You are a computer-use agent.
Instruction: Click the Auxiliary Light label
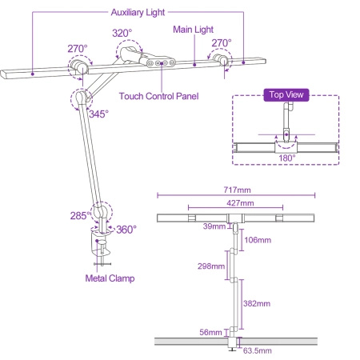point(137,14)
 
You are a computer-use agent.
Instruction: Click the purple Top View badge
point(286,94)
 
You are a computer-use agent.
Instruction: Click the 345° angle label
point(98,114)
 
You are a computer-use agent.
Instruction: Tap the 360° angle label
point(126,229)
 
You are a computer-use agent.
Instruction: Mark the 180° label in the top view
point(286,158)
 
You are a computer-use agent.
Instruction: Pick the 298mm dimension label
point(211,266)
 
